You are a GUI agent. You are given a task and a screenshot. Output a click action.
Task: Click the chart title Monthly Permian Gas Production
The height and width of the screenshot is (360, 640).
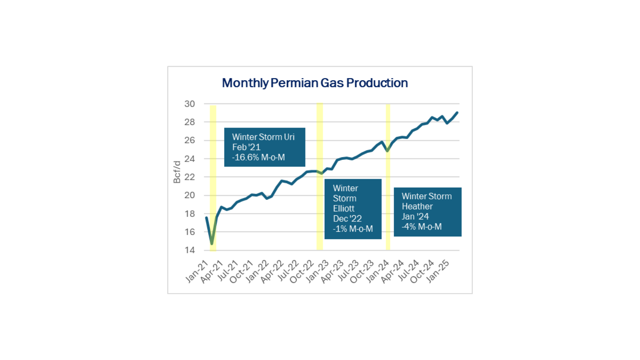[x=315, y=83]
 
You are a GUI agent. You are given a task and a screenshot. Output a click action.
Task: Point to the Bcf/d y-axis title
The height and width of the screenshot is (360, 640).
[x=177, y=172]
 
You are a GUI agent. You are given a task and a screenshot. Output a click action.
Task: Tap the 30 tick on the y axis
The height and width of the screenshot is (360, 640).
[x=190, y=104]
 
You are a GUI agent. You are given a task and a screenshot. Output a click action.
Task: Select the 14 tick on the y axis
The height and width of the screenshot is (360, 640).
[x=190, y=250]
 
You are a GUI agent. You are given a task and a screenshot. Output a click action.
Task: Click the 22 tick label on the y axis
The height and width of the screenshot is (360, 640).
[x=190, y=177]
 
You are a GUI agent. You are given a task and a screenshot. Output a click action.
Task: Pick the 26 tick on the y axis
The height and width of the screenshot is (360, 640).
[x=190, y=140]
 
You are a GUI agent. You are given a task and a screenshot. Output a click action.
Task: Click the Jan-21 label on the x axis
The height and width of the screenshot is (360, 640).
[x=197, y=271]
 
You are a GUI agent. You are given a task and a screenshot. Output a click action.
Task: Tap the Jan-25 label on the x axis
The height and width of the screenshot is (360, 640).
[x=438, y=271]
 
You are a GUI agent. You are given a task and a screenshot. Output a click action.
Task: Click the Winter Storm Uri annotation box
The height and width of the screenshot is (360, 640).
[x=264, y=147]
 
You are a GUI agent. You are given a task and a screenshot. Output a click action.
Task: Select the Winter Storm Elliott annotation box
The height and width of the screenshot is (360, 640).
[x=353, y=209]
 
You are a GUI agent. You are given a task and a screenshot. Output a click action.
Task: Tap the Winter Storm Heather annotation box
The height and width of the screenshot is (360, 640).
[x=427, y=212]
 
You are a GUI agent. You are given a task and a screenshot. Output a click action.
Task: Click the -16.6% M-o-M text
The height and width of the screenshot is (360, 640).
[x=259, y=157]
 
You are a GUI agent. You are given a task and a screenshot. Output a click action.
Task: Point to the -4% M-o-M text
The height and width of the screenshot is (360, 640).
[x=422, y=227]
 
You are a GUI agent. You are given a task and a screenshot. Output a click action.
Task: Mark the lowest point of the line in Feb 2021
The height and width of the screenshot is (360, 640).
[x=212, y=244]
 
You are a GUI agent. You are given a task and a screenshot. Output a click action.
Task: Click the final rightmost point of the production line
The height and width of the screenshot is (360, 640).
[x=457, y=113]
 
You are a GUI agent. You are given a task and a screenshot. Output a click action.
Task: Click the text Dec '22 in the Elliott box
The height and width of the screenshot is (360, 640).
[x=347, y=219]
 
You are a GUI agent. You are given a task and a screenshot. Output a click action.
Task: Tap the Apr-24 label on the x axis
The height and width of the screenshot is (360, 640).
[x=393, y=271]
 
